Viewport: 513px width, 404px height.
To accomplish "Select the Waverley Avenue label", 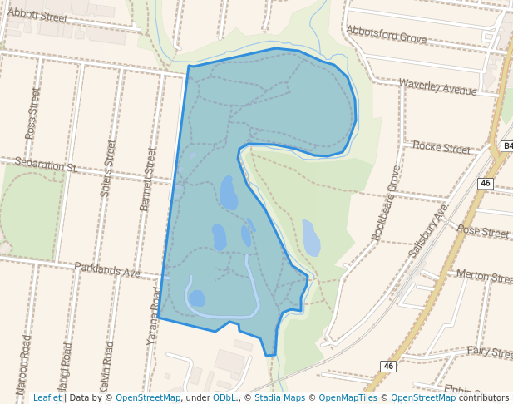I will click(x=438, y=86).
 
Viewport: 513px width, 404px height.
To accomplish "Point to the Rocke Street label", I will click(x=441, y=148).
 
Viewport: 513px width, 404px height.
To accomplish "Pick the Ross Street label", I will click(x=32, y=115).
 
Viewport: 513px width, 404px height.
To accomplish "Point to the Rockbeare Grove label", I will click(x=387, y=203).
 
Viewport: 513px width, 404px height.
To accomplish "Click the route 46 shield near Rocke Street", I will click(x=486, y=183).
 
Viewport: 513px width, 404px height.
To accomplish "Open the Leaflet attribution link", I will click(x=47, y=398).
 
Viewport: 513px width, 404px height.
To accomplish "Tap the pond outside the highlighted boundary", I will click(x=311, y=238).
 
